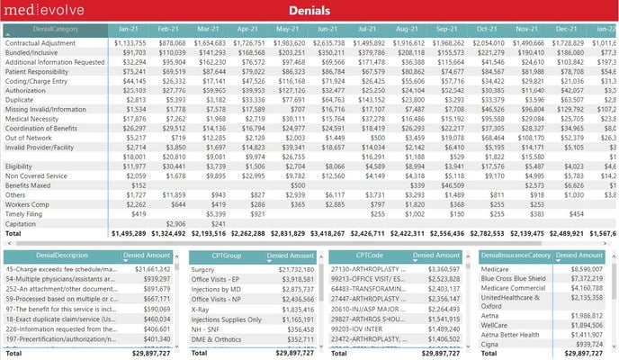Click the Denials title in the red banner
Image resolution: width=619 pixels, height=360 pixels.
pos(310,11)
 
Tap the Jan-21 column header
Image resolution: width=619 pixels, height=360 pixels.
pos(128,30)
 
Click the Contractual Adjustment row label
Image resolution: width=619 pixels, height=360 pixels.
pos(41,43)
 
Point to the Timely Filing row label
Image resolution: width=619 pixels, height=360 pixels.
pos(24,214)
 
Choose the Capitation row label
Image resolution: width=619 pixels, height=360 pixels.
pos(22,223)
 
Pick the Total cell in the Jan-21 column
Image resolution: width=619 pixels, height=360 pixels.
pos(127,233)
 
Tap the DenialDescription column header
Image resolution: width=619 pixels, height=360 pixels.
pos(43,256)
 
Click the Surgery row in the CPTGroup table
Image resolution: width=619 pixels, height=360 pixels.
pos(203,269)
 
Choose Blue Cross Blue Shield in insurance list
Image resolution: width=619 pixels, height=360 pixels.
pos(515,279)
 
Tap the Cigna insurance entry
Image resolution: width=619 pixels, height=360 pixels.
pos(491,344)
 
